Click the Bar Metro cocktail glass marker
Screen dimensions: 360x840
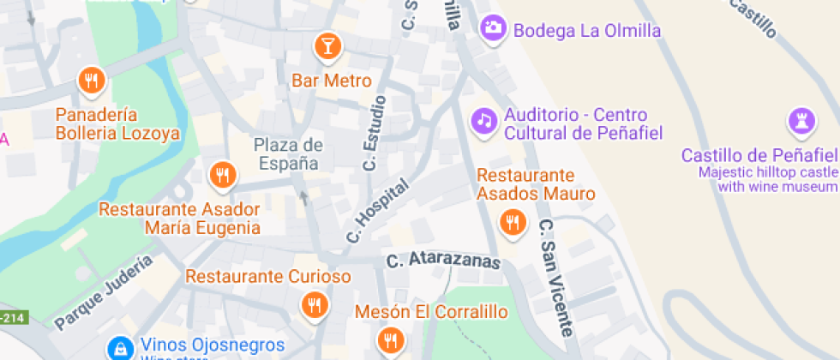pyautogui.click(x=327, y=45)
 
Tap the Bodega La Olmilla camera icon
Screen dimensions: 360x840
pyautogui.click(x=492, y=27)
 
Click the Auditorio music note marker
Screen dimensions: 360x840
pyautogui.click(x=484, y=120)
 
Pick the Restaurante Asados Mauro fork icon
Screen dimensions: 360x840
pyautogui.click(x=513, y=222)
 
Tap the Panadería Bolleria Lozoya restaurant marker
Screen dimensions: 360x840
pyautogui.click(x=91, y=81)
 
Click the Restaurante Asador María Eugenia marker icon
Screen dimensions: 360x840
pyautogui.click(x=223, y=174)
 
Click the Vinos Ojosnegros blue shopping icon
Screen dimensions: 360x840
pyautogui.click(x=119, y=347)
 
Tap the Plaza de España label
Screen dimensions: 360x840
pyautogui.click(x=287, y=153)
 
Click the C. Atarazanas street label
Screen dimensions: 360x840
pyautogui.click(x=442, y=261)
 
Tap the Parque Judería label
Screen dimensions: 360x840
pyautogui.click(x=104, y=292)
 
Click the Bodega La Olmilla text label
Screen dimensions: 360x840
pyautogui.click(x=587, y=30)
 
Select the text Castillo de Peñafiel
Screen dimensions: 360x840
pyautogui.click(x=758, y=155)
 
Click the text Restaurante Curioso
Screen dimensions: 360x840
pyautogui.click(x=268, y=277)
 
